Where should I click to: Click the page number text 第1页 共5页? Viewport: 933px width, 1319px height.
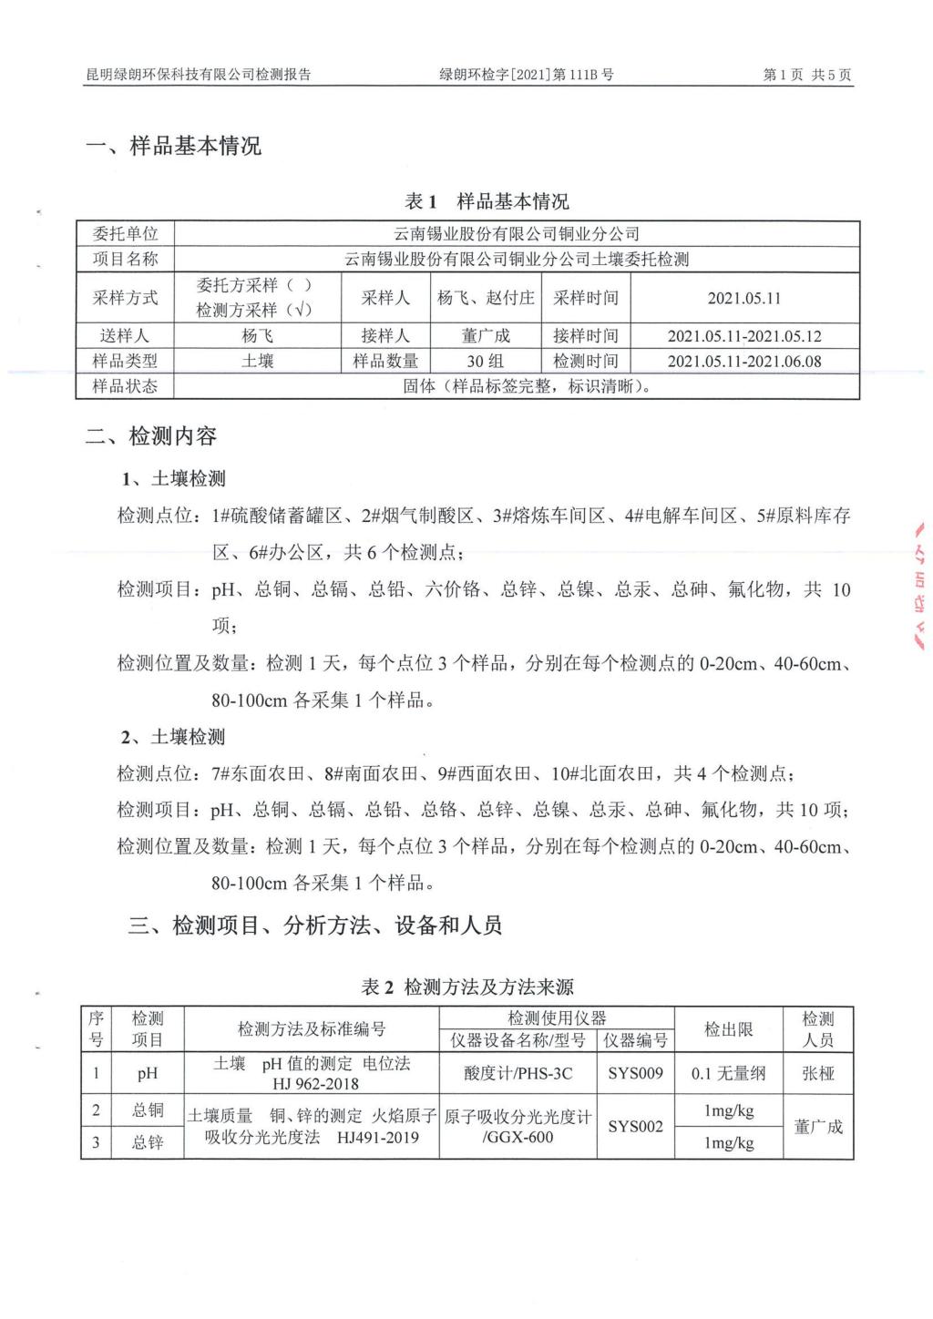(x=806, y=75)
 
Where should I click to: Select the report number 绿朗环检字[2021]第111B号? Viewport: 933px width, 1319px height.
(x=527, y=75)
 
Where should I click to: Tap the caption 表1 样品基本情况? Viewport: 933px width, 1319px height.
(x=487, y=201)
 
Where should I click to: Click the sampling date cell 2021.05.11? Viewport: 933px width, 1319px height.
(x=744, y=298)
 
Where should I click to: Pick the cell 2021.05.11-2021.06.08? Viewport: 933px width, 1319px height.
(x=744, y=361)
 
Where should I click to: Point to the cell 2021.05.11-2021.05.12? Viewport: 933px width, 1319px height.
(x=744, y=336)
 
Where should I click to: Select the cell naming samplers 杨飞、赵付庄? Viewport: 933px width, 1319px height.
(x=486, y=298)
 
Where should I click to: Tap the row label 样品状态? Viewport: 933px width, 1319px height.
(x=125, y=386)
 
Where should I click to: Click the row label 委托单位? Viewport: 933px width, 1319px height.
(x=125, y=234)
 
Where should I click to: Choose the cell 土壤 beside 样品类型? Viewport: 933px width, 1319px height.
(x=257, y=361)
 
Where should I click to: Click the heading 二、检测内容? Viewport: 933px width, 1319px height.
(x=151, y=436)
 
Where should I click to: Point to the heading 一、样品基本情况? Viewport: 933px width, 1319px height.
(x=173, y=146)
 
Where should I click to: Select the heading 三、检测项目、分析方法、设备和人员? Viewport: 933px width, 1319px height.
(x=315, y=926)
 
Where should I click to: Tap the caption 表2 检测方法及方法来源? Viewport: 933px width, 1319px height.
(x=467, y=987)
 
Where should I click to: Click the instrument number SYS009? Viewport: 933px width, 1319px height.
(x=635, y=1073)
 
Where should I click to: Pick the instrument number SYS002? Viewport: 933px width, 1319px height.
(x=635, y=1127)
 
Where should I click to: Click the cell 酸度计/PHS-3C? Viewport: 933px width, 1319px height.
(x=518, y=1073)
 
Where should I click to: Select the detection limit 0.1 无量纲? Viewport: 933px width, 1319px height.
(x=728, y=1073)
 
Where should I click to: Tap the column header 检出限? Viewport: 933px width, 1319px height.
(x=728, y=1029)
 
